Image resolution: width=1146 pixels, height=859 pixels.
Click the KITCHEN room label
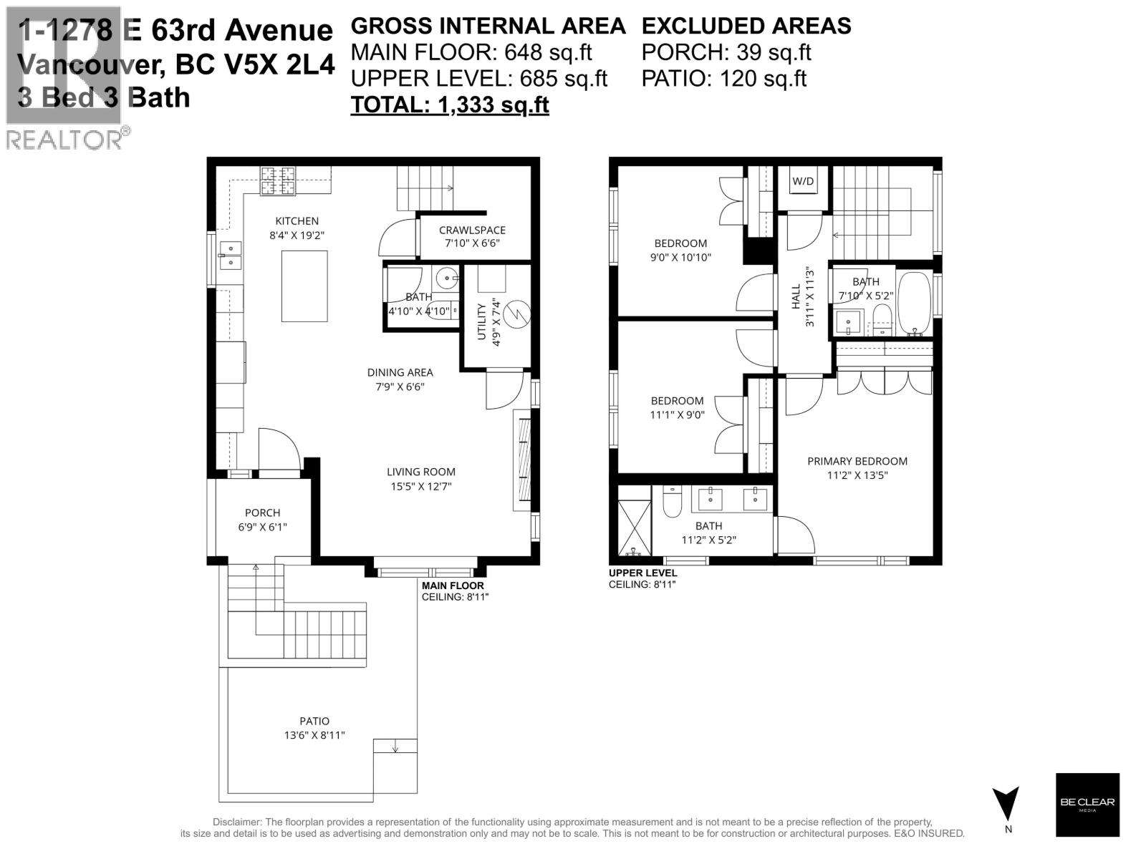297,221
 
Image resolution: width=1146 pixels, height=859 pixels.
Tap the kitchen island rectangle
304,286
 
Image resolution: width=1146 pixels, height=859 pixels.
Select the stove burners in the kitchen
278,180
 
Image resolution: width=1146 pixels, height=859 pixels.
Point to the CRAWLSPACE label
472,230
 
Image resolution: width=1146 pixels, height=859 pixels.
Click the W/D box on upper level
803,182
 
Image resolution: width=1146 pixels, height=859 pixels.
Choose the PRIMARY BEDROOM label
857,462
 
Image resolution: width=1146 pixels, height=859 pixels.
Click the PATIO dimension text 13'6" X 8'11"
314,734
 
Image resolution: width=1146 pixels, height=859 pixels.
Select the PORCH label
262,513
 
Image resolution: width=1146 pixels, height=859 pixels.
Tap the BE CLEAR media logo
1087,804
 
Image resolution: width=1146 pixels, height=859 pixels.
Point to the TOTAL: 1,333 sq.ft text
449,105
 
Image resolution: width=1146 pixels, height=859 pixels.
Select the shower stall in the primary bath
634,520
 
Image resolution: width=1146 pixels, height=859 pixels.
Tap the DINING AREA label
400,372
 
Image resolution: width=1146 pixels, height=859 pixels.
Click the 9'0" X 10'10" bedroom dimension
680,257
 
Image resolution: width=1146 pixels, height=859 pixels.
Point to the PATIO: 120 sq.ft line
723,78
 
